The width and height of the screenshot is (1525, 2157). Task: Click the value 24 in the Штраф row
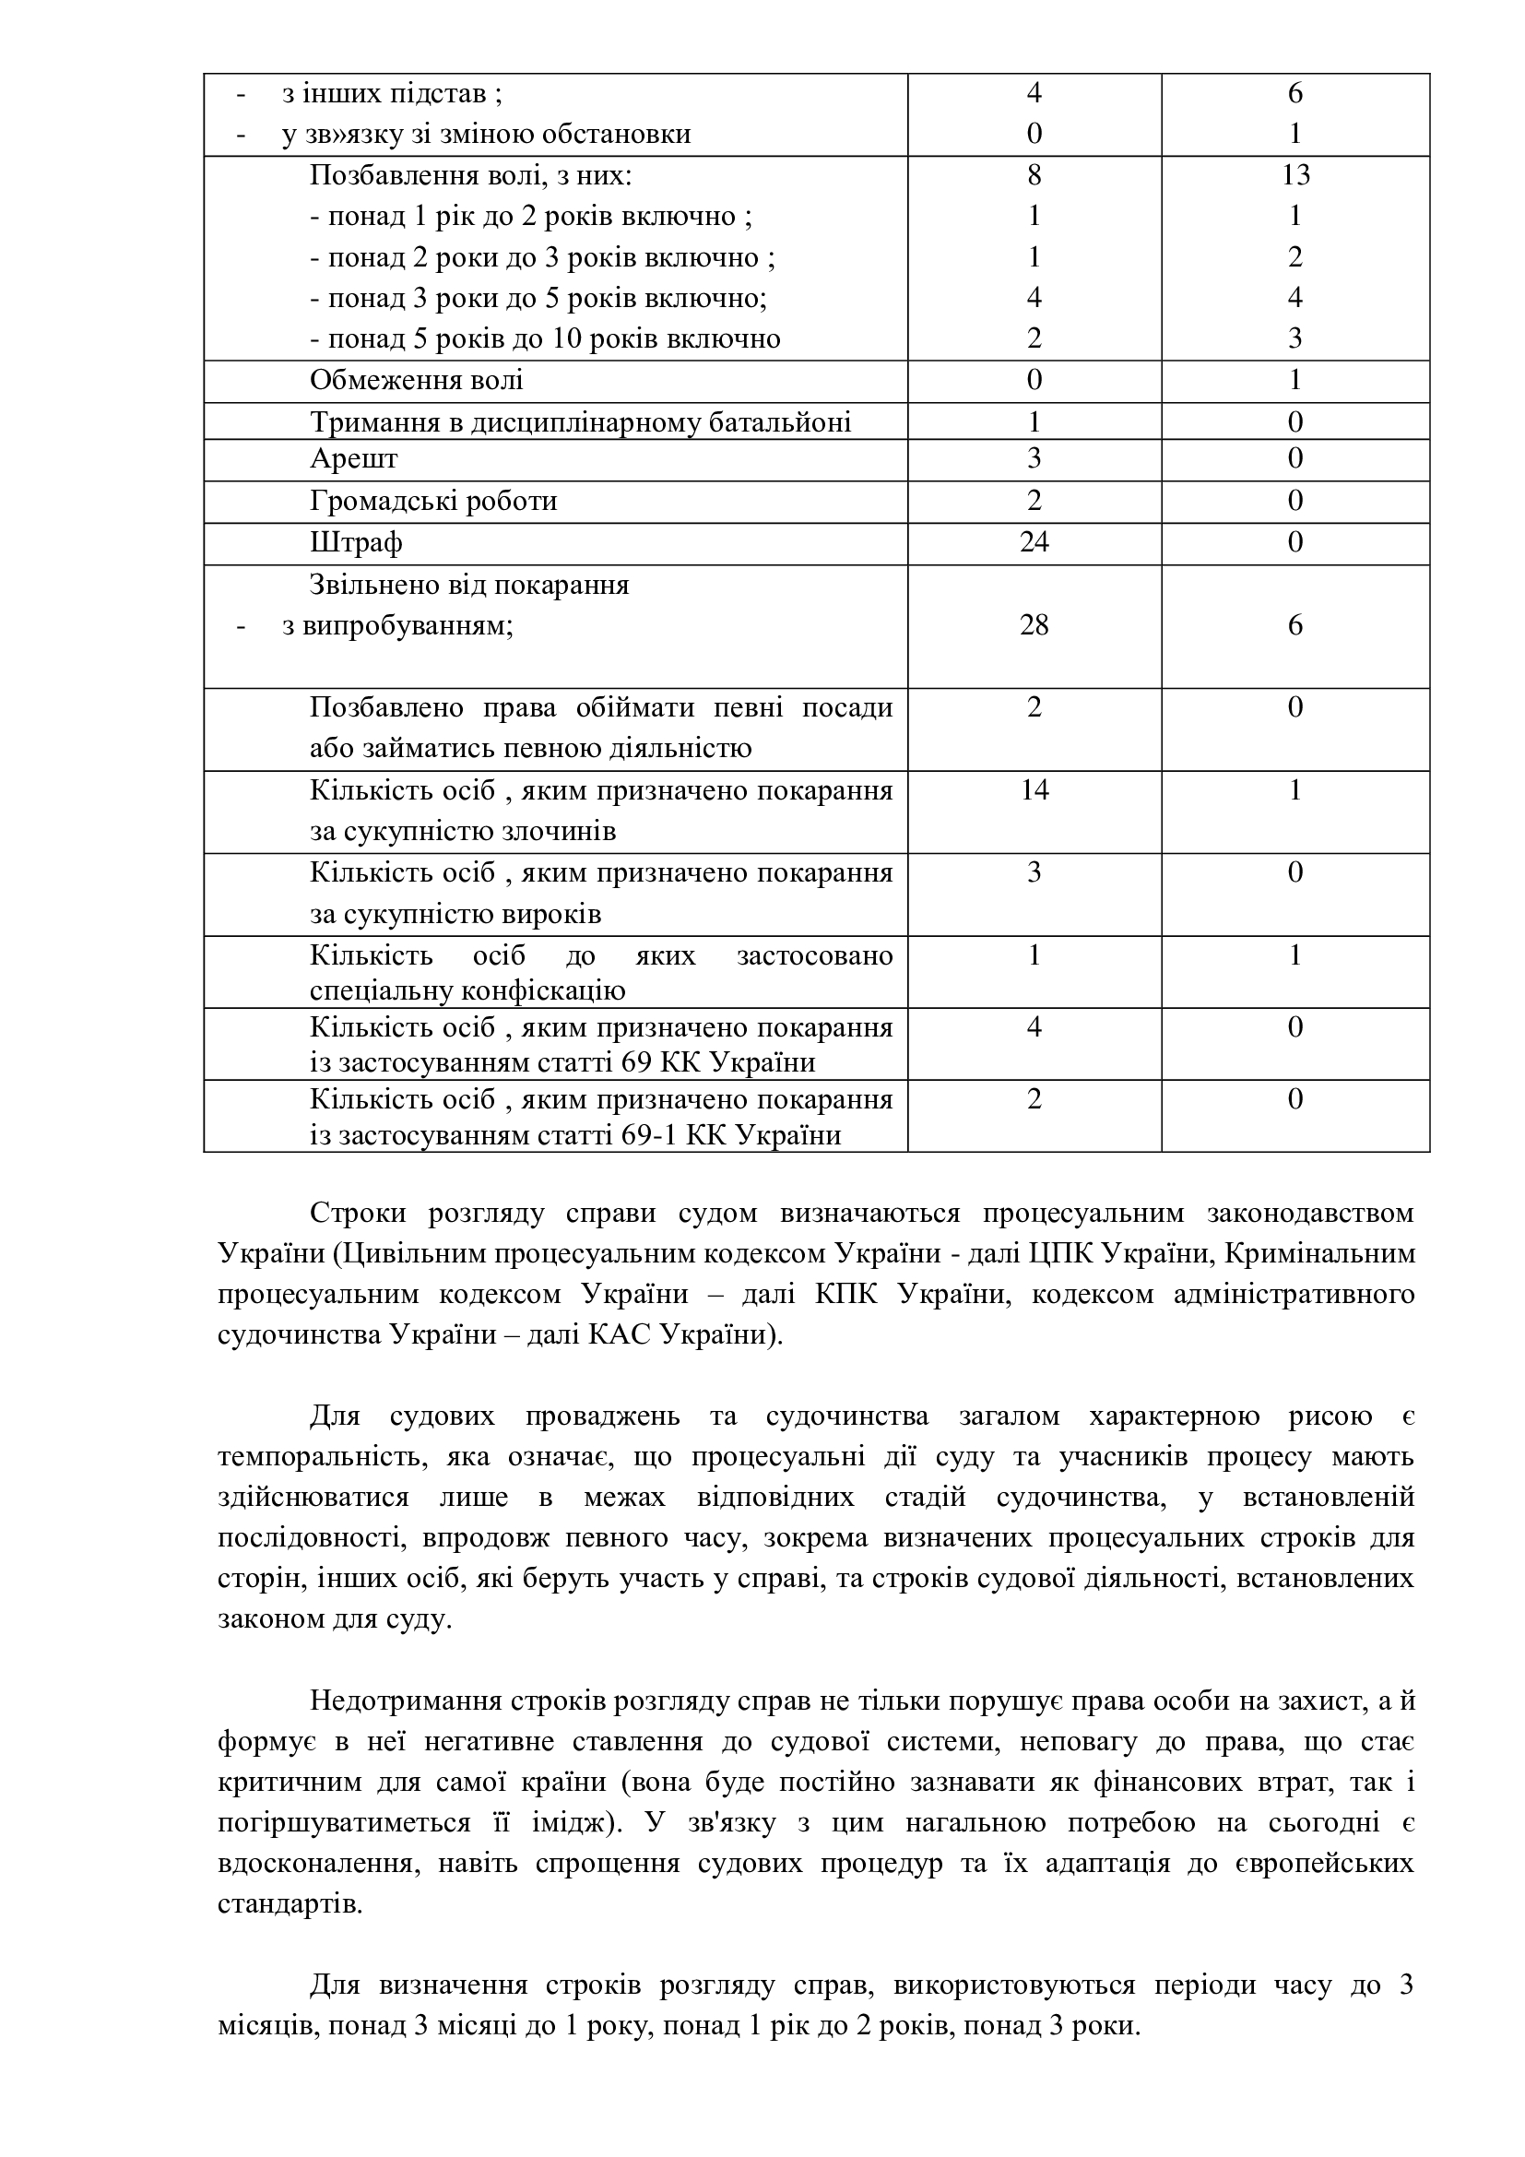(1033, 542)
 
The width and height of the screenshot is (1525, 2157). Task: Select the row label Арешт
(354, 458)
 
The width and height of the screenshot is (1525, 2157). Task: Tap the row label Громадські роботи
(433, 501)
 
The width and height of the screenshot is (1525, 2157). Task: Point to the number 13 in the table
(1294, 174)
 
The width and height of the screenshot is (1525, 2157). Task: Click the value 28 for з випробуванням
(1033, 625)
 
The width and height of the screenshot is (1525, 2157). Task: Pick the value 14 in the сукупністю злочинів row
(1033, 790)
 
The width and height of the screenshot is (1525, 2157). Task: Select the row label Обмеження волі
(416, 381)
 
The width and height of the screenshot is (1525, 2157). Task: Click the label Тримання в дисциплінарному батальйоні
(580, 422)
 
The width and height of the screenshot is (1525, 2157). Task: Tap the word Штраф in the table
(356, 542)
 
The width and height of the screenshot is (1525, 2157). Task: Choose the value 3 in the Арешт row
(1033, 458)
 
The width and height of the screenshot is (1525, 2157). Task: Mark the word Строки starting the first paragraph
(358, 1213)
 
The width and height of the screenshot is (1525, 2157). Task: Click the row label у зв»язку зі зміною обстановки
(487, 135)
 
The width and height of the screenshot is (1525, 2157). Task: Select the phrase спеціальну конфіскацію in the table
(467, 991)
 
